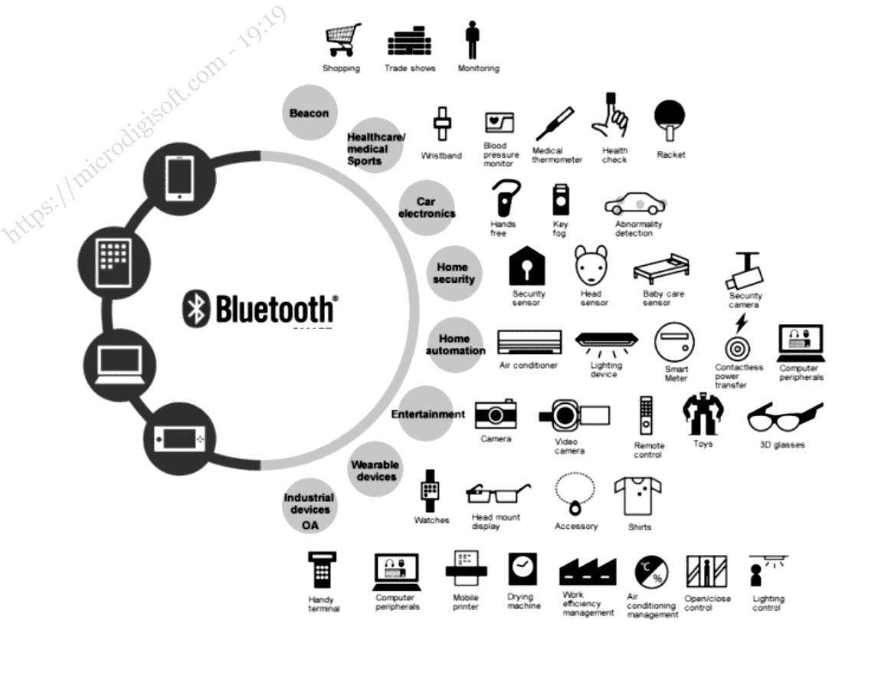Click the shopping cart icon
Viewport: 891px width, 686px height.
(x=342, y=40)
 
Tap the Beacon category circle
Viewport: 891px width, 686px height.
(x=310, y=113)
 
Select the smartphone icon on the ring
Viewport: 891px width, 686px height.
(x=178, y=178)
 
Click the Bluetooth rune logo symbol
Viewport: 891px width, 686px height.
(x=195, y=309)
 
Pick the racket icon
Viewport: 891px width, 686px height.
(x=670, y=121)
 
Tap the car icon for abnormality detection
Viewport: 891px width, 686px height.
(x=635, y=205)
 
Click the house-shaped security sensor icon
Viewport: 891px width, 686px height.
(x=528, y=267)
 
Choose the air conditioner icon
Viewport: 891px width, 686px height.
(x=529, y=342)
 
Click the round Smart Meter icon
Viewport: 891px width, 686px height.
(x=675, y=343)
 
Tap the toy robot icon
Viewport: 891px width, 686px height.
(x=702, y=415)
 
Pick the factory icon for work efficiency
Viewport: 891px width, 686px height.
(x=588, y=572)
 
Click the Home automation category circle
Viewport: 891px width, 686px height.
(x=456, y=344)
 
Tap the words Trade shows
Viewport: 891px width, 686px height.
(x=410, y=68)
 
